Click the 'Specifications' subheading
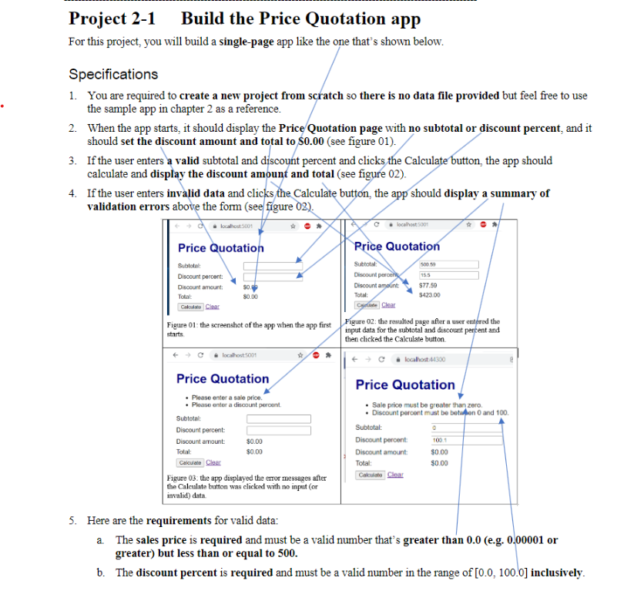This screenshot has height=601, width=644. [113, 75]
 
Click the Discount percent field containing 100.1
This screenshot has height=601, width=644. [464, 439]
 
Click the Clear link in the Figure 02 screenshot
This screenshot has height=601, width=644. [389, 304]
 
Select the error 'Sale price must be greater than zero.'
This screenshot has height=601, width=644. [426, 405]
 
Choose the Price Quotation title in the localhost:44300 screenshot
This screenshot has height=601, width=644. [405, 384]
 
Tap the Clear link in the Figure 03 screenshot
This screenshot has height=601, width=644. [213, 462]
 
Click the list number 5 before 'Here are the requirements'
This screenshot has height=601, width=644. [72, 520]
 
